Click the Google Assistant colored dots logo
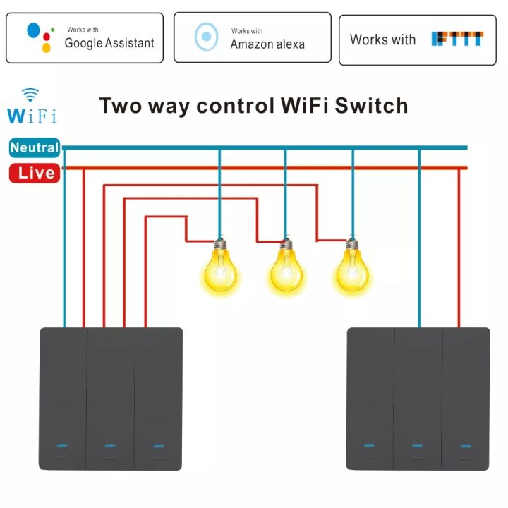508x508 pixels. click(40, 37)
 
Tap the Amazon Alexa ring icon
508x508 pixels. click(206, 37)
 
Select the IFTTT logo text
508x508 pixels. click(457, 39)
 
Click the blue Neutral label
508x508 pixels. click(34, 148)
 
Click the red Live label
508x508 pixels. click(34, 172)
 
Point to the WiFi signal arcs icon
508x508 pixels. click(30, 95)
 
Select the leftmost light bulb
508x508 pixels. click(221, 267)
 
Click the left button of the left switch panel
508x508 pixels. click(63, 399)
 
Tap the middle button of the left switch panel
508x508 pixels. click(110, 399)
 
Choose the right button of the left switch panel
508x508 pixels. click(158, 399)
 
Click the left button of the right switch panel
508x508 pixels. click(370, 399)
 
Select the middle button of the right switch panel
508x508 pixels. click(418, 399)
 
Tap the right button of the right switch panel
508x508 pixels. click(466, 399)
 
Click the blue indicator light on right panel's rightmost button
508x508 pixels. click(466, 446)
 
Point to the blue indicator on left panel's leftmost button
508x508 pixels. click(62, 445)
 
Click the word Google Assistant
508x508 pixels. click(109, 43)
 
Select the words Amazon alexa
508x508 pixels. click(267, 44)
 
